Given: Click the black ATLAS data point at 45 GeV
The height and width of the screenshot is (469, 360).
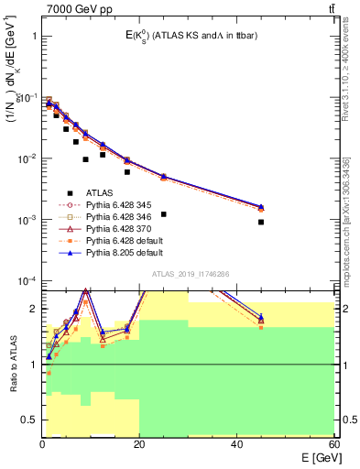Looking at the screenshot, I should [x=261, y=222].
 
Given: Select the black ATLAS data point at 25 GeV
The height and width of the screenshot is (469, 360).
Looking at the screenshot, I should [x=163, y=213].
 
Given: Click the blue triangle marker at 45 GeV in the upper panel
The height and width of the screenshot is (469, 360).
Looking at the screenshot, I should [x=261, y=207].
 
